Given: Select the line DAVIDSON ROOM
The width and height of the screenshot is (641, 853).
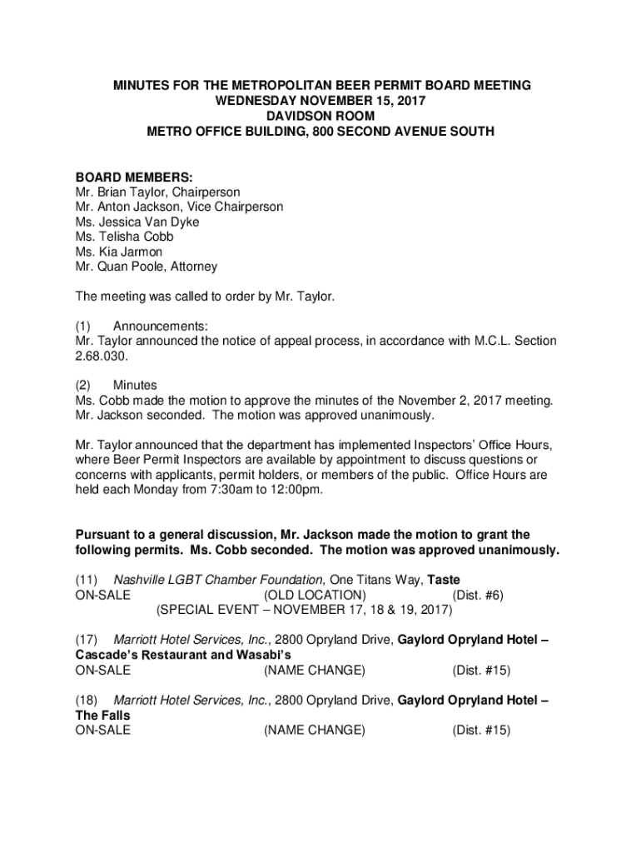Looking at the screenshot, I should pos(320,116).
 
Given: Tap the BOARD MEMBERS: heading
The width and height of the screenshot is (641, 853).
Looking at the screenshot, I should pos(134,177).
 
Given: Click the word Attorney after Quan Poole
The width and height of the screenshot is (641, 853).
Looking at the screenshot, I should pos(192,267).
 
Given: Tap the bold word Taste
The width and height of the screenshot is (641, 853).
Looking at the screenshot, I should pos(444,580).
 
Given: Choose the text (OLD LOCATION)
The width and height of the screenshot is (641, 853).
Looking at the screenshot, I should pos(314,595).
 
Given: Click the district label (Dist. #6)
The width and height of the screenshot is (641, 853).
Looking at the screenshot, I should pos(477,595).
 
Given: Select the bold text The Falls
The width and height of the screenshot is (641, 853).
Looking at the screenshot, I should pos(102,716).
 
